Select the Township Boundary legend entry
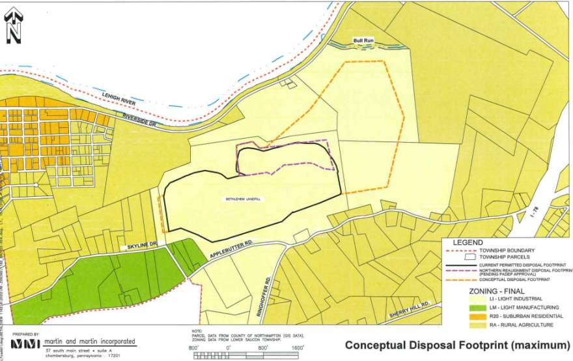507,251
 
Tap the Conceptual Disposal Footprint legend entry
514,280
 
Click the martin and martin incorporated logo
25,343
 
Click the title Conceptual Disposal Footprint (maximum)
456,344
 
